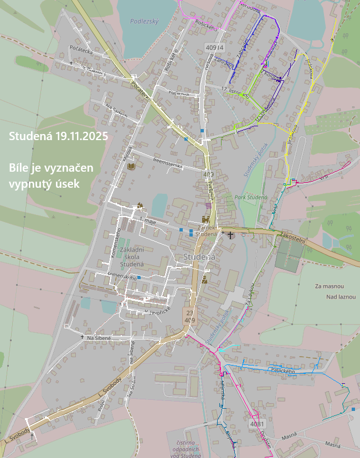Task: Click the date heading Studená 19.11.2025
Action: tap(58, 136)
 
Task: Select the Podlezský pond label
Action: tap(145, 21)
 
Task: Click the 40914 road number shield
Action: tap(214, 48)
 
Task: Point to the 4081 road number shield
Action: tap(257, 424)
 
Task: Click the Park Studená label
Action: tap(251, 197)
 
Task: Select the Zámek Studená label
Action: tap(206, 230)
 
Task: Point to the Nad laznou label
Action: tap(340, 297)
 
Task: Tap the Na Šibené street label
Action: tap(99, 337)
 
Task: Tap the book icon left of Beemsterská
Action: tap(131, 166)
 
